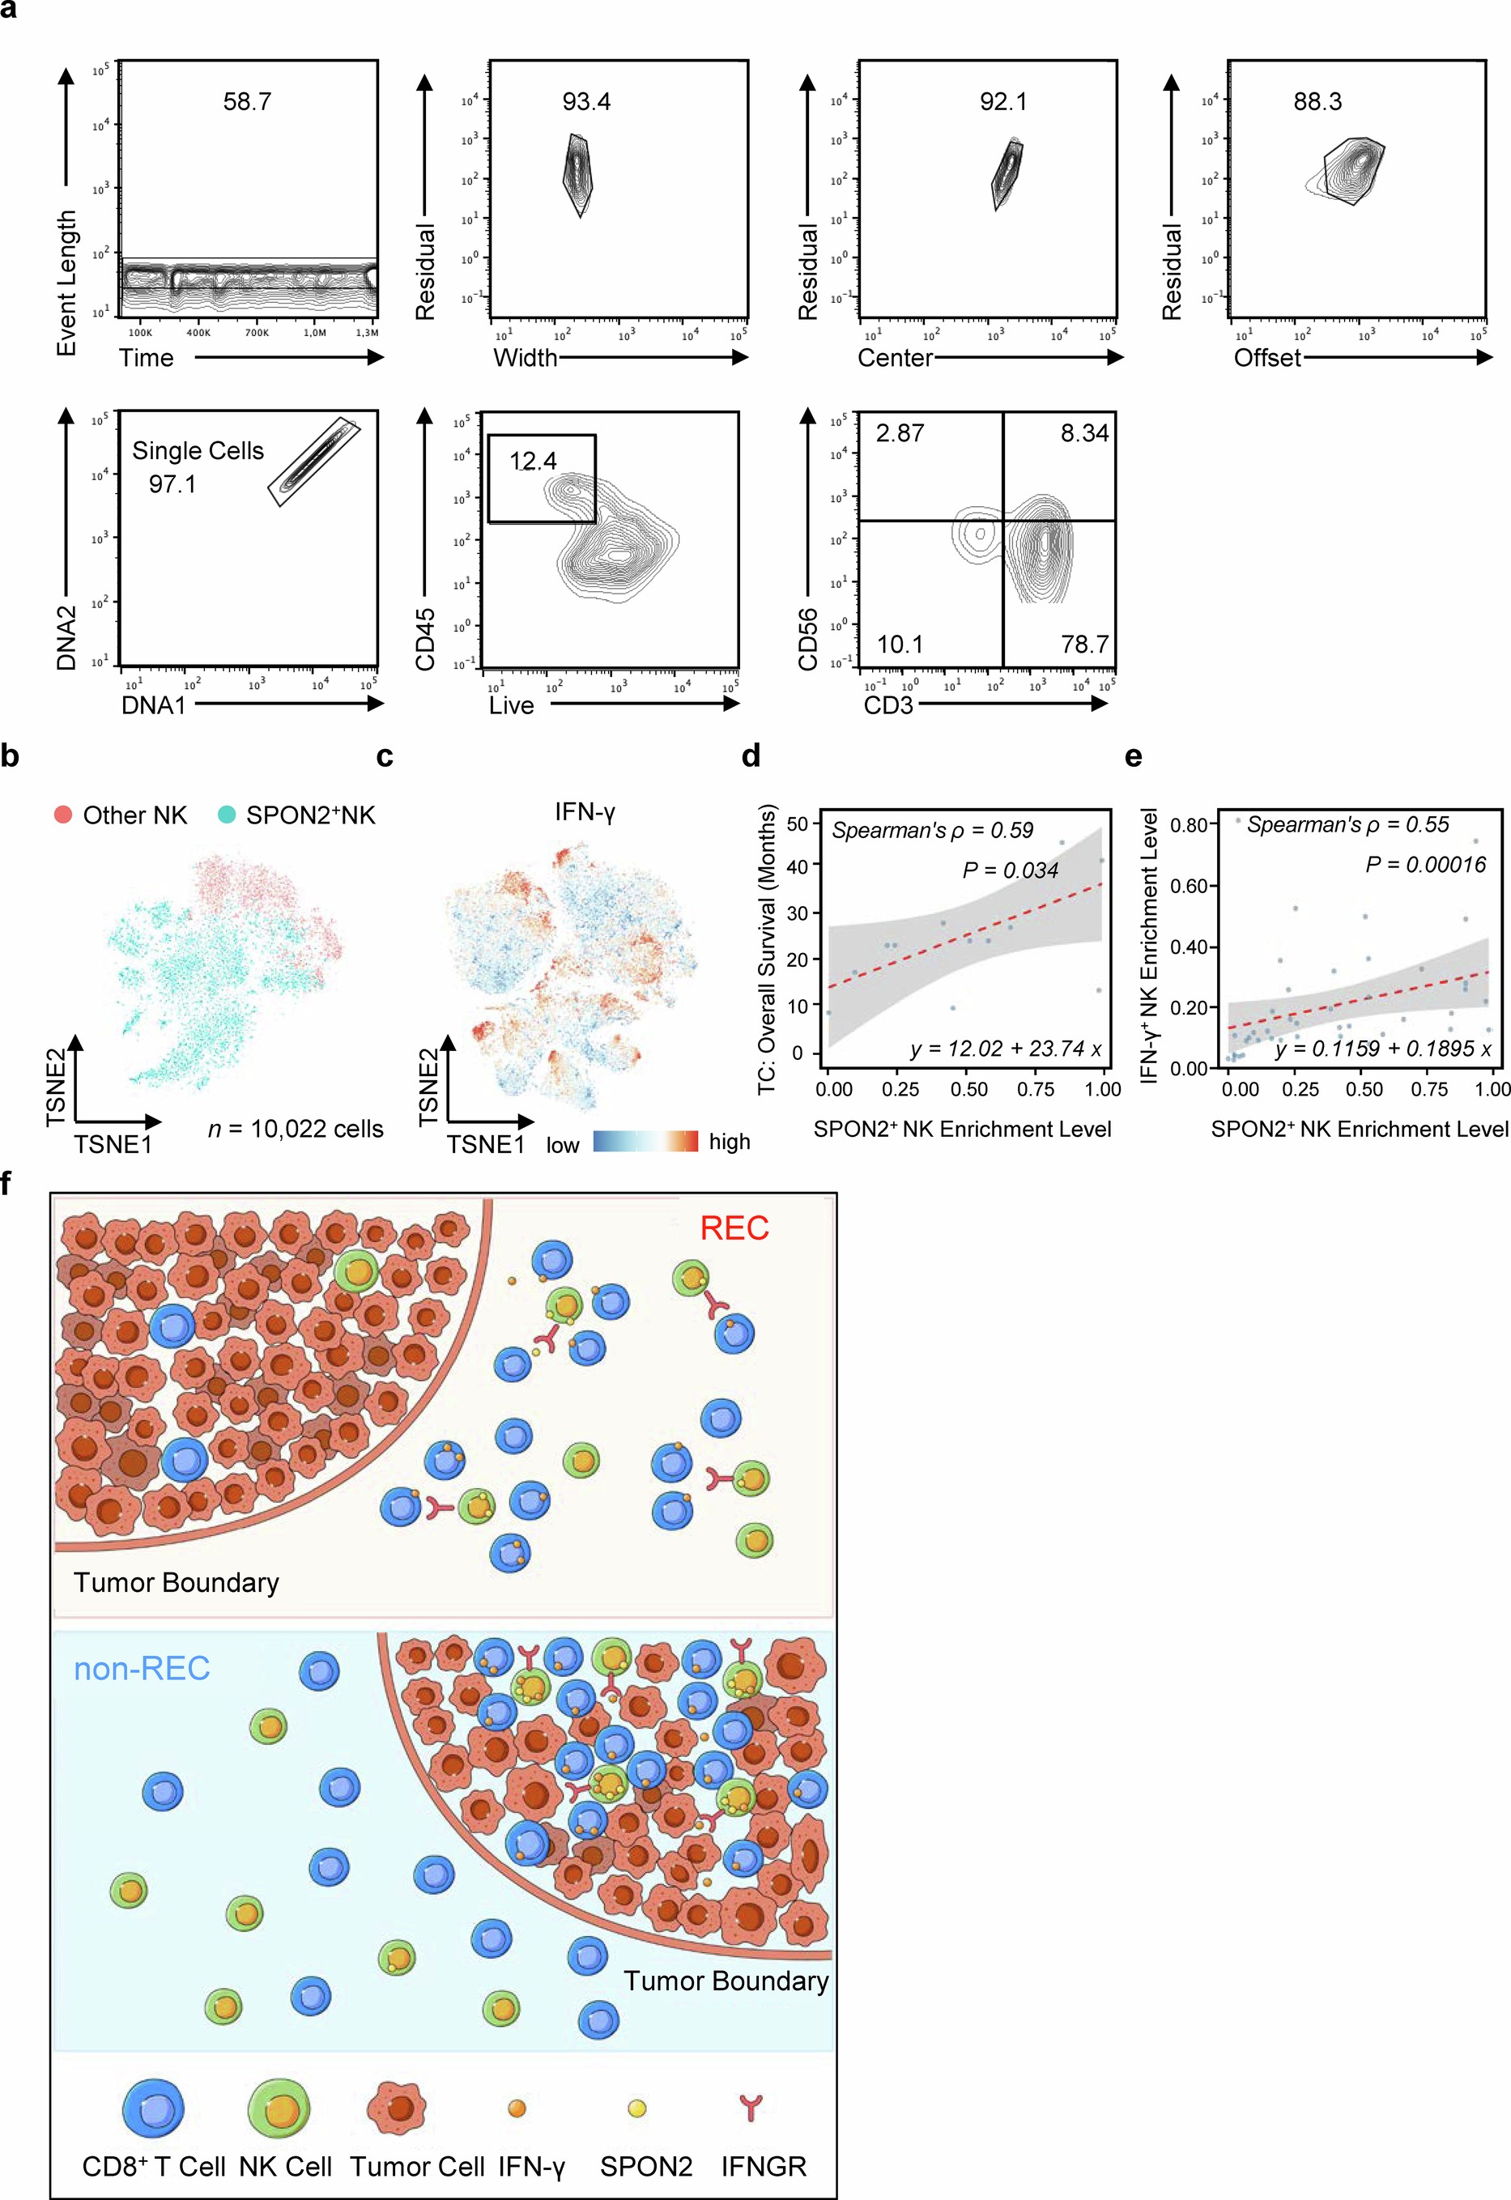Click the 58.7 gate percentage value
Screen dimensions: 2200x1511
(247, 101)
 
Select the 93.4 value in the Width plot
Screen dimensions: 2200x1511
(586, 101)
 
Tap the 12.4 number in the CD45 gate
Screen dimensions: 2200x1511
(533, 461)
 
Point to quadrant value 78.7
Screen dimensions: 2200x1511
(1084, 645)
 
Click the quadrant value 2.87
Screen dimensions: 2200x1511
(900, 433)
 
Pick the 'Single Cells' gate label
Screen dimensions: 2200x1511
(198, 450)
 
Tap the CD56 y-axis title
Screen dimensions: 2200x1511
(807, 639)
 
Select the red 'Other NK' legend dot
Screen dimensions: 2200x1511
(63, 814)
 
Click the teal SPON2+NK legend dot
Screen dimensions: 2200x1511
(226, 814)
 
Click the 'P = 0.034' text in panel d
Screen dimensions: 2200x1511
(1011, 870)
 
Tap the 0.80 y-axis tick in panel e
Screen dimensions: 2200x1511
(1189, 824)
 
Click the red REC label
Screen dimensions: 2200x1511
(734, 1228)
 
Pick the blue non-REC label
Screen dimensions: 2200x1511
(142, 1669)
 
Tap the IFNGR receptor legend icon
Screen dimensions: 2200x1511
(750, 2107)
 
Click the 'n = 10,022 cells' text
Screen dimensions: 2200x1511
(296, 1129)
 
